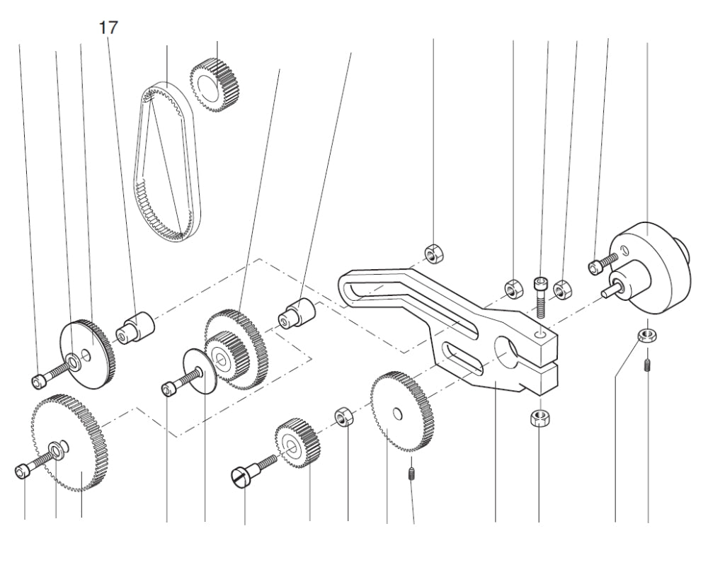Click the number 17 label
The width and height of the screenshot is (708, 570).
click(108, 28)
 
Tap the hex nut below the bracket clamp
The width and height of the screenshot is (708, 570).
click(539, 418)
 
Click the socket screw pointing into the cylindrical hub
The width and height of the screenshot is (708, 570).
click(598, 266)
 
